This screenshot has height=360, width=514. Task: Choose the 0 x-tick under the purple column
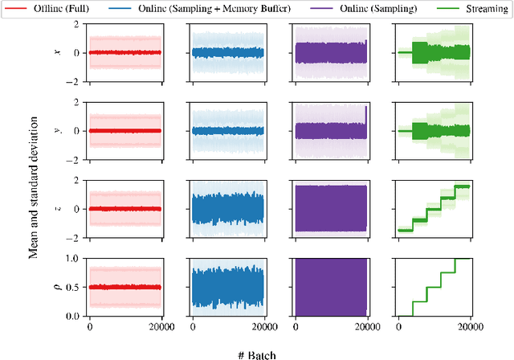point(296,327)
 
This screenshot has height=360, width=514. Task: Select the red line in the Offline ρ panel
point(124,287)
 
